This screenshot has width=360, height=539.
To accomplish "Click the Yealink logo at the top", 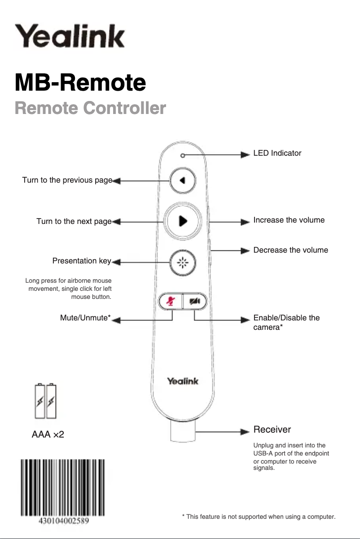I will tap(70, 36).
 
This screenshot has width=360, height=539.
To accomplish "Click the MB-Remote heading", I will tap(80, 83).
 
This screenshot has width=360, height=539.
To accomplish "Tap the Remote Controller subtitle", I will tap(90, 108).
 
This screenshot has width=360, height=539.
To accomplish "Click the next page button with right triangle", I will tap(183, 221).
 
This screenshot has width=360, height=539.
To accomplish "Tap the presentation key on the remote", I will tap(183, 263).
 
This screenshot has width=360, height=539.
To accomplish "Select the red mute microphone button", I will tap(171, 302).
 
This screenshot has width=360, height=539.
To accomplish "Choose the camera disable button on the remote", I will tap(195, 302).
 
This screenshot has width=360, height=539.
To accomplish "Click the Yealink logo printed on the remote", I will tap(183, 381).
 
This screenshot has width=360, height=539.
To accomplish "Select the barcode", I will tap(62, 488).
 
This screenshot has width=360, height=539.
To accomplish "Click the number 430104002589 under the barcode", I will tap(62, 521).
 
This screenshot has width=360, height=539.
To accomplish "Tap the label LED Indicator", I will tap(277, 153).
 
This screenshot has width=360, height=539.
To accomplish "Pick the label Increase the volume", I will tap(289, 220).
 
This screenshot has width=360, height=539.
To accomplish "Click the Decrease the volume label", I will tap(290, 250).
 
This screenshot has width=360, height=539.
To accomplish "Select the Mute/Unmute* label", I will tap(85, 318).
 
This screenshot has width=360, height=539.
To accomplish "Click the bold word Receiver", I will tap(272, 429).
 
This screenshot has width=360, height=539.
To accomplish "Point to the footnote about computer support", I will tap(259, 517).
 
